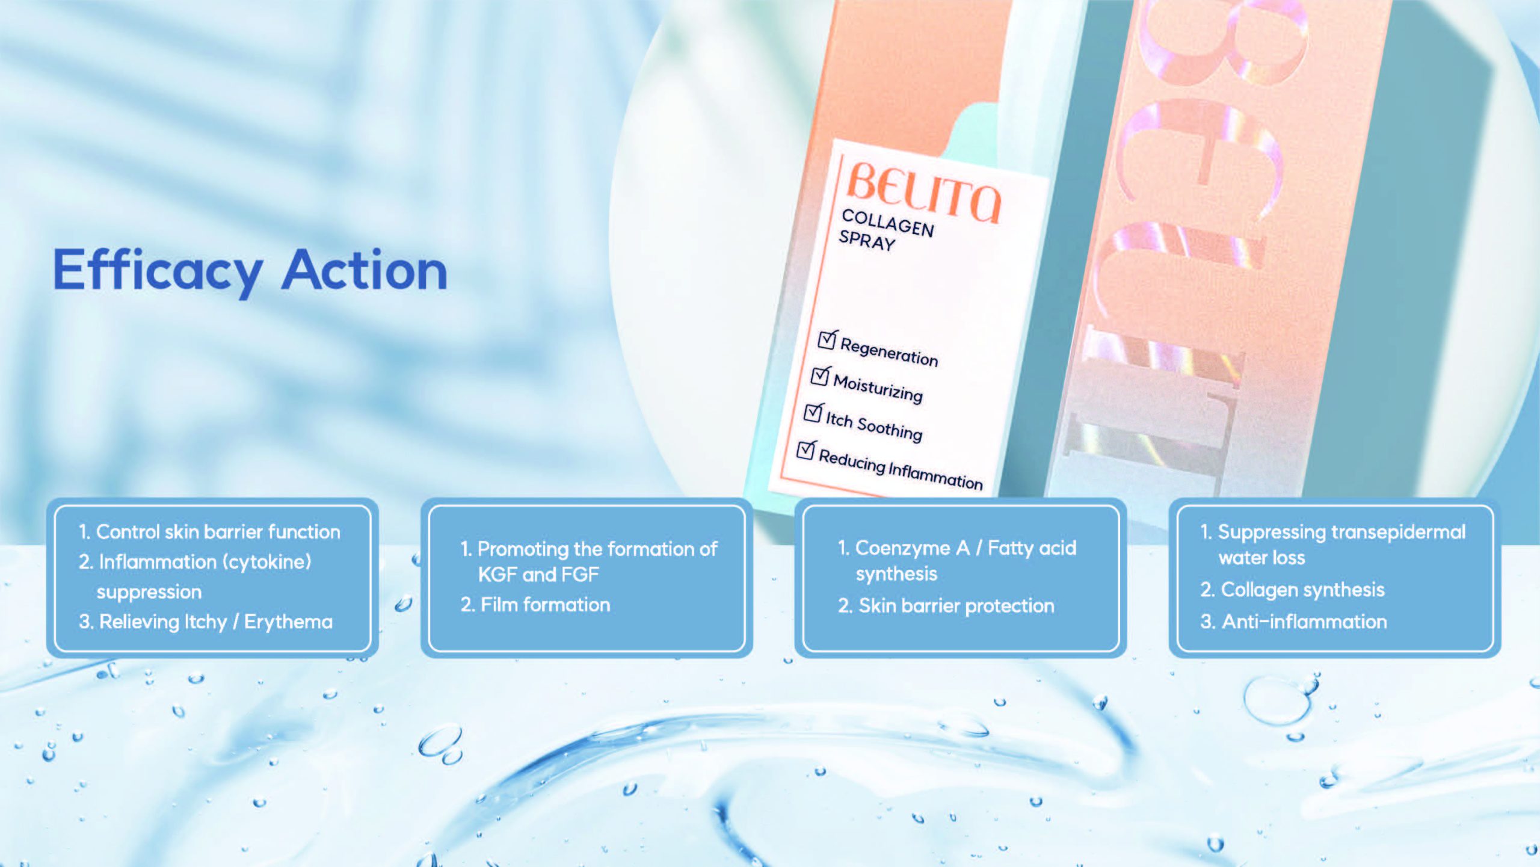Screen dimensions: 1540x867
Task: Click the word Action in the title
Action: [x=365, y=270]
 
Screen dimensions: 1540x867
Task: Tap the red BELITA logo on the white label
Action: [x=923, y=192]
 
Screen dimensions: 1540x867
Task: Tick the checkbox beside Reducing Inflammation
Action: [x=806, y=449]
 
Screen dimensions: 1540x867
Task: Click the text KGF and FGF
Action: [x=538, y=575]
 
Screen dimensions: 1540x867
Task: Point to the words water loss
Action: [x=1261, y=558]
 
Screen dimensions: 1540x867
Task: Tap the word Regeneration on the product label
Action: [x=889, y=351]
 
